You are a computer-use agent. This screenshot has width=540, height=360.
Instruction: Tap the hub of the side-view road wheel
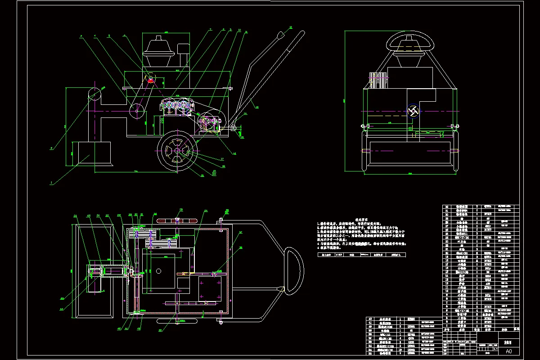point(177,152)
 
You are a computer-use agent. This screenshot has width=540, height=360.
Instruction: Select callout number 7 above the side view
point(210,30)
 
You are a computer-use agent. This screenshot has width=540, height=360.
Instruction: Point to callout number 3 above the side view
point(81,36)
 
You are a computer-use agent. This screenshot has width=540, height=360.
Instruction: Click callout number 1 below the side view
point(51,183)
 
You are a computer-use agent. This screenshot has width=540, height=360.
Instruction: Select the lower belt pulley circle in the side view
point(137,110)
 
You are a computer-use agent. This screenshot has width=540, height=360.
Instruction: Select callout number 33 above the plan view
point(181,210)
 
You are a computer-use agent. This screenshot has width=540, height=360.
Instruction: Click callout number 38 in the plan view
point(241,247)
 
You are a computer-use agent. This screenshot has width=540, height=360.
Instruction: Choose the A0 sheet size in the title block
point(509,351)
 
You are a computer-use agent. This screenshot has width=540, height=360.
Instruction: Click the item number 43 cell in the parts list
point(370,319)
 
